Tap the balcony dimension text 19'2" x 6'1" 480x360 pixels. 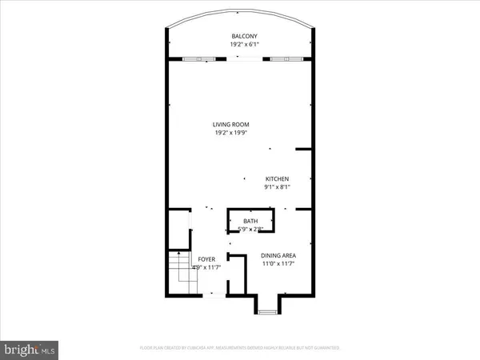point(244,46)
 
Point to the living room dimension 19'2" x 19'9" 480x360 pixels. point(231,133)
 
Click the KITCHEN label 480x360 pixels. point(277,178)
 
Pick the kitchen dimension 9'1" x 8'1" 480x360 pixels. point(277,187)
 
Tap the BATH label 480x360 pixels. point(250,222)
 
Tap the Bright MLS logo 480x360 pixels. point(30,349)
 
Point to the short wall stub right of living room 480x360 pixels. point(303,149)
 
